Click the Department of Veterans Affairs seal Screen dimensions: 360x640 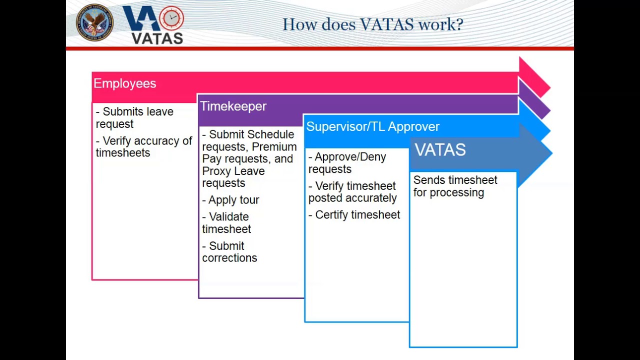tap(94, 22)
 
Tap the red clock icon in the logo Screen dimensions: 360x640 tap(171, 18)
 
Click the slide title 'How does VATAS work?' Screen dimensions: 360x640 tap(372, 24)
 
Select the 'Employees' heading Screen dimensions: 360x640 tap(124, 83)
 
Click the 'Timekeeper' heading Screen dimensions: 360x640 tap(233, 106)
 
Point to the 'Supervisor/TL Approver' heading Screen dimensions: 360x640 tap(372, 126)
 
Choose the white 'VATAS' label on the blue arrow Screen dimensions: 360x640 tap(440, 150)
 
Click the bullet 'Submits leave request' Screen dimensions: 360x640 tap(134, 117)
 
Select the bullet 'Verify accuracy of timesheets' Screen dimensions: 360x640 tap(143, 147)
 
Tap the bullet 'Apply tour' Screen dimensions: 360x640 tap(230, 200)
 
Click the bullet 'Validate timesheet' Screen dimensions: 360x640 tap(226, 223)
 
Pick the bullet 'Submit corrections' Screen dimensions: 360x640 tap(229, 252)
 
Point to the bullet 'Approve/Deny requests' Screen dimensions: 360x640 tap(347, 163)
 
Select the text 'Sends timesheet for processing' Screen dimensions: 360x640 tap(455, 186)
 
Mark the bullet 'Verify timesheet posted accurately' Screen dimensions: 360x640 tap(352, 192)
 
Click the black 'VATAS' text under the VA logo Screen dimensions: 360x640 tap(156, 38)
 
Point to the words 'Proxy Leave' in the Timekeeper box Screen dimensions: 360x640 tap(233, 171)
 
